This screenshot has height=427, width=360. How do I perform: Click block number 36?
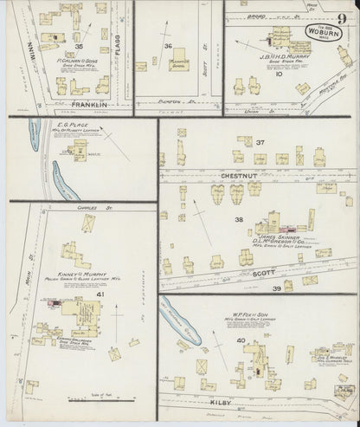pyautogui.click(x=169, y=46)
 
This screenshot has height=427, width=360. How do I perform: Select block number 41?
pyautogui.click(x=101, y=296)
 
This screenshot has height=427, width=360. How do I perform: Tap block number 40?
pyautogui.click(x=240, y=340)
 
